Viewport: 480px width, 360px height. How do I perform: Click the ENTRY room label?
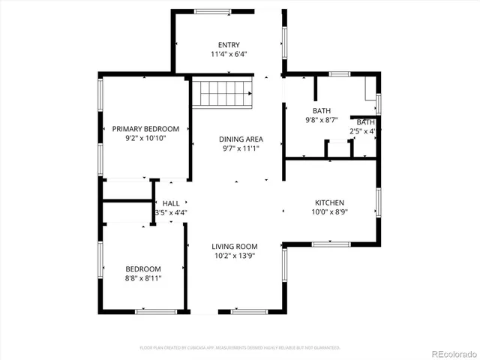click(x=229, y=44)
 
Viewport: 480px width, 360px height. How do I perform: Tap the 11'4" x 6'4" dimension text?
click(x=229, y=55)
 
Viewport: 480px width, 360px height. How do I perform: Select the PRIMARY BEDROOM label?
click(x=145, y=129)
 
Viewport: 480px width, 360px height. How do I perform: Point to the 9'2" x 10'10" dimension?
click(x=145, y=139)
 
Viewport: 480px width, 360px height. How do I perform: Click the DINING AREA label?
click(x=241, y=139)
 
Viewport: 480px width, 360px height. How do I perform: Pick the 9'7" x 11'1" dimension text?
click(x=241, y=148)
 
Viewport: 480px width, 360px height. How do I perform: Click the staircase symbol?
click(x=223, y=94)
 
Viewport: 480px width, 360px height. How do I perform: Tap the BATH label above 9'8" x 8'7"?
click(x=322, y=110)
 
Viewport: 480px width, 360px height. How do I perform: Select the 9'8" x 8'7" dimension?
click(x=322, y=120)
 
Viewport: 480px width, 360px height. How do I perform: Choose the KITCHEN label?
click(x=329, y=202)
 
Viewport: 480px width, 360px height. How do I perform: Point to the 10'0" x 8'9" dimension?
click(x=329, y=212)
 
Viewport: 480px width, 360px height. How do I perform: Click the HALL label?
click(x=171, y=203)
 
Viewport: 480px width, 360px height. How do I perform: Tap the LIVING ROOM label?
click(x=235, y=246)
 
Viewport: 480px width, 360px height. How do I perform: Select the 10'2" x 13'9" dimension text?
click(x=235, y=256)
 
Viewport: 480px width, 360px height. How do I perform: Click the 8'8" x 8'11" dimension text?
click(x=142, y=278)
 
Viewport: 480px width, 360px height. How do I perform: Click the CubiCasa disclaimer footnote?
click(x=240, y=348)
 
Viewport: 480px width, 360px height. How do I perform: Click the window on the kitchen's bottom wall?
click(x=330, y=244)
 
